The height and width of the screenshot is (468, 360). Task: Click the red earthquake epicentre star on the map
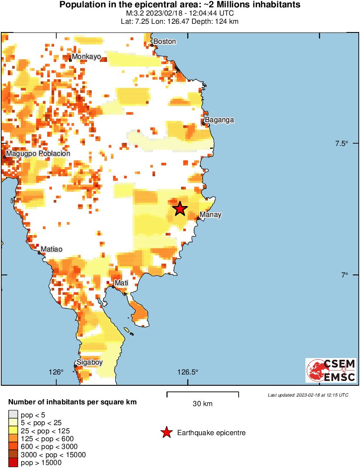180,209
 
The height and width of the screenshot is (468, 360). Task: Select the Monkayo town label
87,57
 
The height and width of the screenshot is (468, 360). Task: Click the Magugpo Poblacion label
38,154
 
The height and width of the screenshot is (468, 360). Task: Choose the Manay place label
211,215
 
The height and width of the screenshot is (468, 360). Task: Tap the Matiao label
52,249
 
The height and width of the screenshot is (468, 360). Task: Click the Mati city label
121,283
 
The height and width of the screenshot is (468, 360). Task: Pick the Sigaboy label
90,363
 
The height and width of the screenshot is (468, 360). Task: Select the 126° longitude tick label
56,372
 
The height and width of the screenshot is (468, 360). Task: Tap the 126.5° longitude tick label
188,372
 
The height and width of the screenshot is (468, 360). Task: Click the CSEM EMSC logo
331,370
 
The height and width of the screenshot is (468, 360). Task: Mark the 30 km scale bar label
202,404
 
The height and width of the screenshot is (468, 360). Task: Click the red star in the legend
166,432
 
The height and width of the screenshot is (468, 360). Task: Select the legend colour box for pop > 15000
13,463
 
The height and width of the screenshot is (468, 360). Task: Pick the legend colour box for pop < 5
13,415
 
